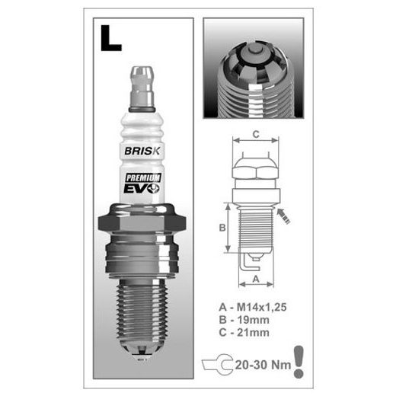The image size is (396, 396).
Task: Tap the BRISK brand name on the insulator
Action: pos(142,151)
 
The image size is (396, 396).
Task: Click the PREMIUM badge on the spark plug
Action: pos(143,177)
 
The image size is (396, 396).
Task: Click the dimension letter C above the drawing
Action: pos(256,134)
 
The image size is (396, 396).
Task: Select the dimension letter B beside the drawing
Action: pos(222,228)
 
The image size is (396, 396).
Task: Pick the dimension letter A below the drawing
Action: pos(256,279)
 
